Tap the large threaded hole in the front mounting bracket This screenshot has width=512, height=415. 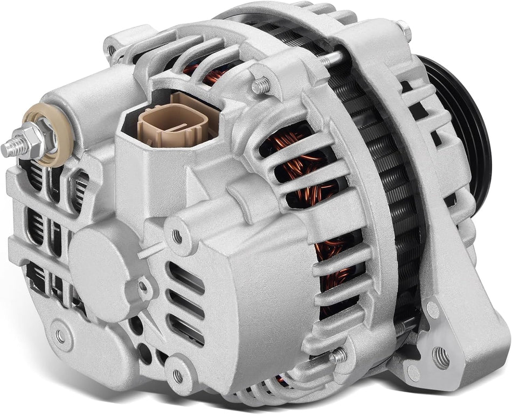pos(440,357)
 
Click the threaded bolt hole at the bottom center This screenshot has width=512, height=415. pos(177,375)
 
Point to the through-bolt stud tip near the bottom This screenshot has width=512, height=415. pos(338,355)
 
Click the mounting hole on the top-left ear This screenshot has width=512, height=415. pos(112,50)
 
